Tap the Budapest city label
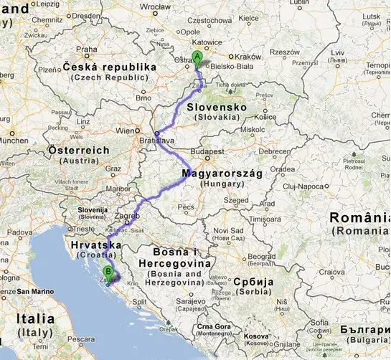coord(209,153)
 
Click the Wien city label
coord(126,131)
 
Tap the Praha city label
coord(87,49)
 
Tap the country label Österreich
coord(78,151)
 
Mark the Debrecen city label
coord(275,151)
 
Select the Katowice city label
coord(204,43)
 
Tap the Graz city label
coord(112,170)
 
